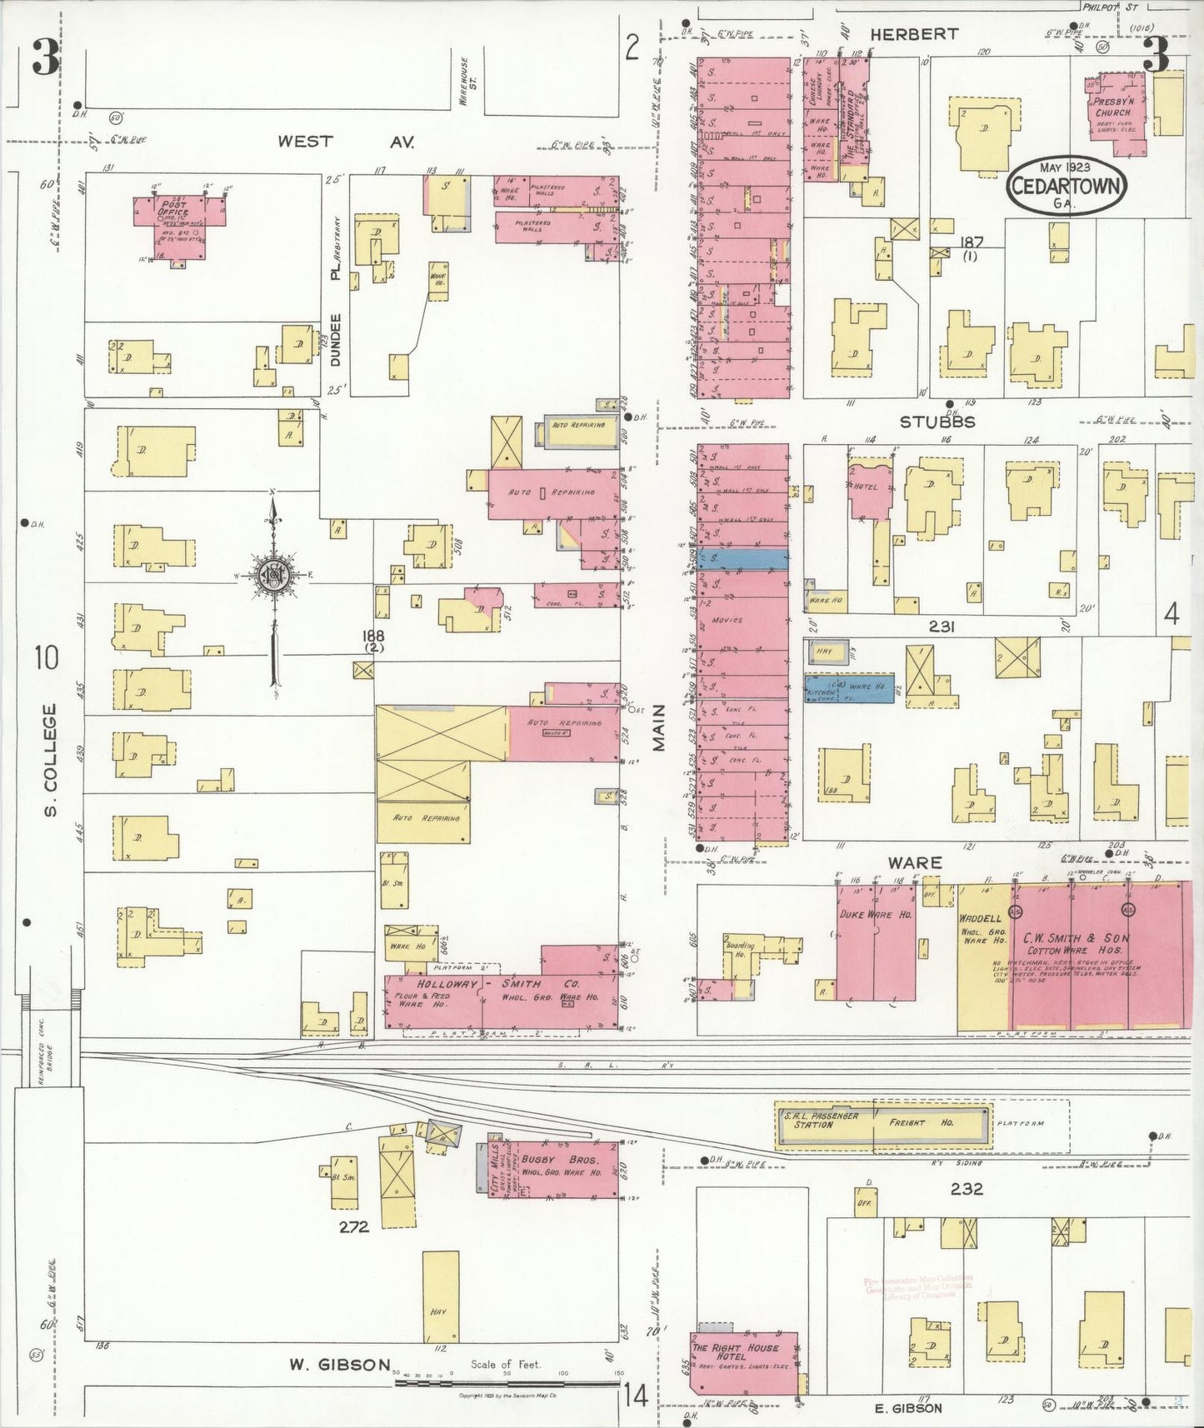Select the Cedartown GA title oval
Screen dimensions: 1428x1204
pos(1066,184)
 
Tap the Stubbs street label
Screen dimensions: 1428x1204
pos(937,422)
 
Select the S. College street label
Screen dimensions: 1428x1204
pos(51,759)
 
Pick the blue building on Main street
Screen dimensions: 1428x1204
pos(743,559)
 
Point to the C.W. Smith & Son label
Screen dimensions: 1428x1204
pos(1076,938)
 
